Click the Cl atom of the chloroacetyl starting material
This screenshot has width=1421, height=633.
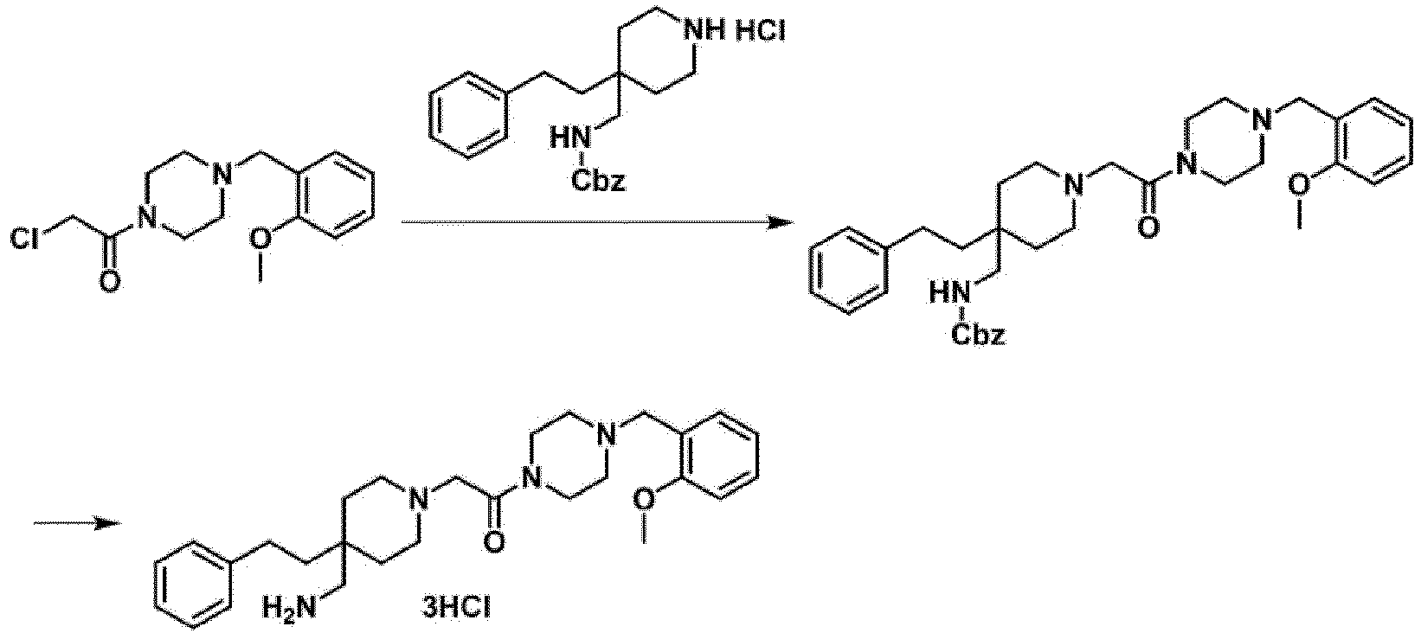pos(25,239)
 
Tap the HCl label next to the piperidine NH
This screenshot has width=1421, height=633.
pos(761,31)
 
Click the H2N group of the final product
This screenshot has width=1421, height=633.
pos(289,611)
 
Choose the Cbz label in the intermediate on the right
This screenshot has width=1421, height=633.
pos(978,334)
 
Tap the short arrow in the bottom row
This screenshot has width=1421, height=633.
pos(77,523)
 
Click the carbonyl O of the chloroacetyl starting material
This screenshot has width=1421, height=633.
pos(110,280)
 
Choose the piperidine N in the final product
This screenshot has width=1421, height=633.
pos(417,500)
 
